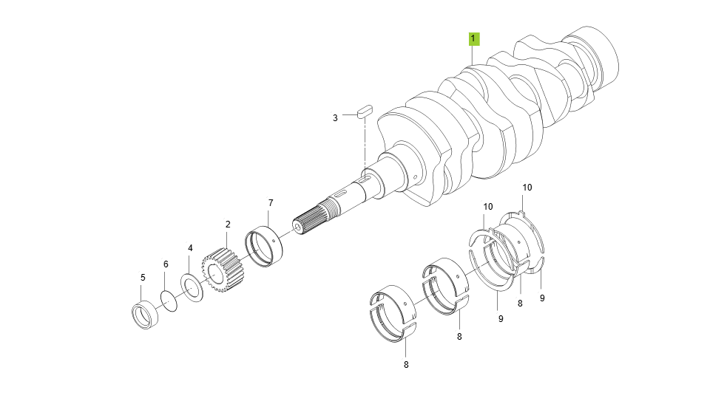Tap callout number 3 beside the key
pyautogui.click(x=335, y=117)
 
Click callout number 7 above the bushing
pyautogui.click(x=271, y=202)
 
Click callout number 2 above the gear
pyautogui.click(x=228, y=224)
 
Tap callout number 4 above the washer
pyautogui.click(x=190, y=248)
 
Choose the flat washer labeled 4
pyautogui.click(x=192, y=287)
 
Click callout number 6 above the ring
pyautogui.click(x=166, y=264)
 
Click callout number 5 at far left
pyautogui.click(x=143, y=278)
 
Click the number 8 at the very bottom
pyautogui.click(x=406, y=364)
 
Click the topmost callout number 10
pyautogui.click(x=527, y=188)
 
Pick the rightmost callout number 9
pyautogui.click(x=542, y=298)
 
